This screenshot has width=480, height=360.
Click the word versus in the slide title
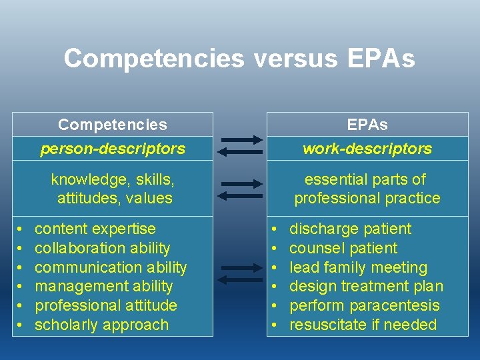pos(295,59)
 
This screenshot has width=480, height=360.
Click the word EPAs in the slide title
pos(381,59)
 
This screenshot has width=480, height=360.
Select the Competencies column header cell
pos(113,125)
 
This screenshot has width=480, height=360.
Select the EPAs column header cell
pos(367,125)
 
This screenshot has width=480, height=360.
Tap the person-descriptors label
pos(113,149)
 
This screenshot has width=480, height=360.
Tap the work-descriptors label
pos(367,149)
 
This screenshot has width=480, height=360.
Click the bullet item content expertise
pos(95,229)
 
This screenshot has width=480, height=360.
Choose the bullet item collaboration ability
pos(102,248)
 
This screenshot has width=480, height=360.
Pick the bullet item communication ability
pos(111,267)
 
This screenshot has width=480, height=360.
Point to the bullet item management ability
pos(103,287)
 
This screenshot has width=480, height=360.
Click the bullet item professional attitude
pos(105,306)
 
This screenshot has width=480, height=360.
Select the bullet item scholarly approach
pos(101,325)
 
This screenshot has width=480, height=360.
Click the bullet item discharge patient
pos(350,229)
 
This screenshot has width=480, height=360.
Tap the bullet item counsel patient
pos(343,248)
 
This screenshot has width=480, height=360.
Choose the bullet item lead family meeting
pos(358,267)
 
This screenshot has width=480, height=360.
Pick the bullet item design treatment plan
pos(366,287)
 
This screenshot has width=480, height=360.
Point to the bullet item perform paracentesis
pos(365,306)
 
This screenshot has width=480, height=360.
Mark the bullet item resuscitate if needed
pos(363,325)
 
